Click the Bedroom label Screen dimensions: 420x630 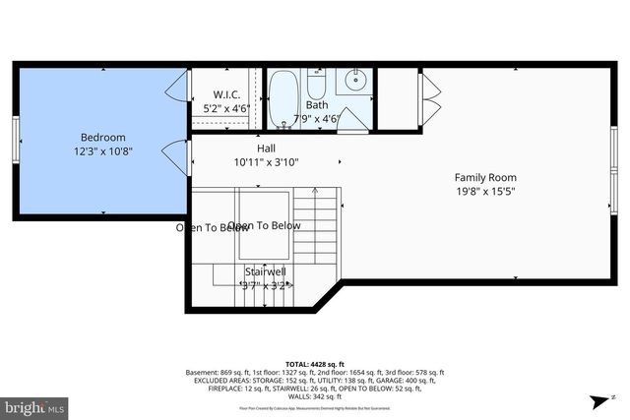[x=102, y=138]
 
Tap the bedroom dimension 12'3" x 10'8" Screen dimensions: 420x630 [x=102, y=151]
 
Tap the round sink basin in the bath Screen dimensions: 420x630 [x=354, y=80]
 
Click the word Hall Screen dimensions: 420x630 [x=266, y=148]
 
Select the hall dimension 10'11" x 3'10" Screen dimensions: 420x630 [x=266, y=161]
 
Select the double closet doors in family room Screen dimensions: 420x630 [x=424, y=98]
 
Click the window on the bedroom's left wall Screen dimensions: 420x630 [x=15, y=139]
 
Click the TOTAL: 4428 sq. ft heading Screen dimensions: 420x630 [x=315, y=364]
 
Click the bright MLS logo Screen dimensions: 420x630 [x=34, y=405]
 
